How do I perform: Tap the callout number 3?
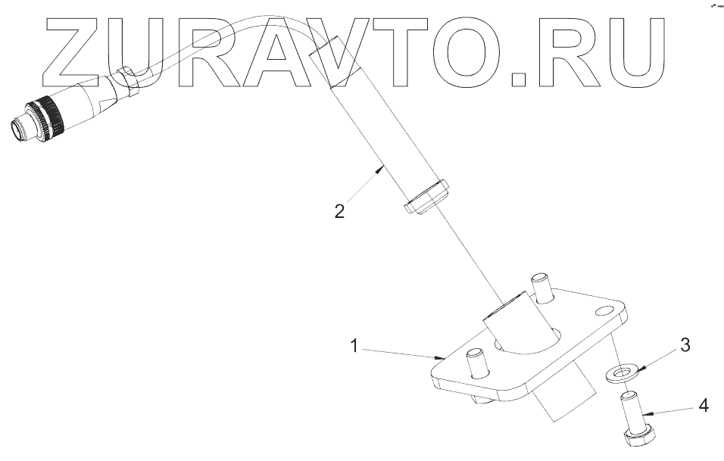click(x=685, y=346)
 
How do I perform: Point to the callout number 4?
click(x=704, y=406)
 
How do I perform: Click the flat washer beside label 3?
click(x=621, y=372)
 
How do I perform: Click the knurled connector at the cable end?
click(x=48, y=118)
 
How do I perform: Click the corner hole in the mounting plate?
click(x=607, y=311)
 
